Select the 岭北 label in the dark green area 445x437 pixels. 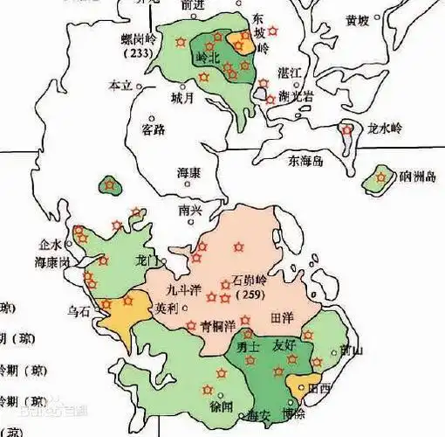[210, 58]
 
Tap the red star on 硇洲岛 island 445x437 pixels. [380, 178]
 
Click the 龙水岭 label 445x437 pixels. [385, 128]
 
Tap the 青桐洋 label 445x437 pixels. [218, 325]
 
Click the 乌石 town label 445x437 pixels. [80, 309]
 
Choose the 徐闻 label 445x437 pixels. [220, 406]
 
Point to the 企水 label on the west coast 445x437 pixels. [51, 245]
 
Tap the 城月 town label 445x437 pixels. [182, 96]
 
